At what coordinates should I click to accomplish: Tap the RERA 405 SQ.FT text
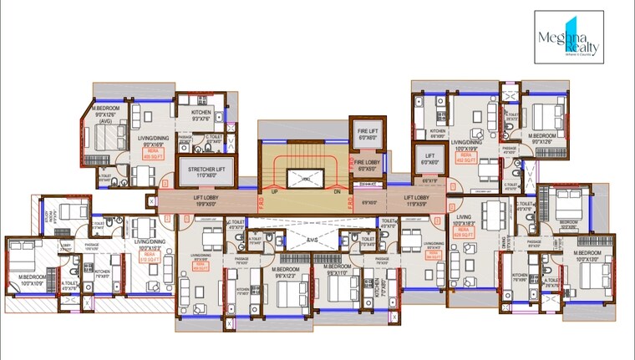pos(152,154)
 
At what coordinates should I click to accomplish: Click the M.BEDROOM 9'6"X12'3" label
pos(286,272)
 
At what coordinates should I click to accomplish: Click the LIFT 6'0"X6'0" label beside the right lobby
pos(429,159)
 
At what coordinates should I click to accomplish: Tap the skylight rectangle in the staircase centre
pos(305,178)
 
